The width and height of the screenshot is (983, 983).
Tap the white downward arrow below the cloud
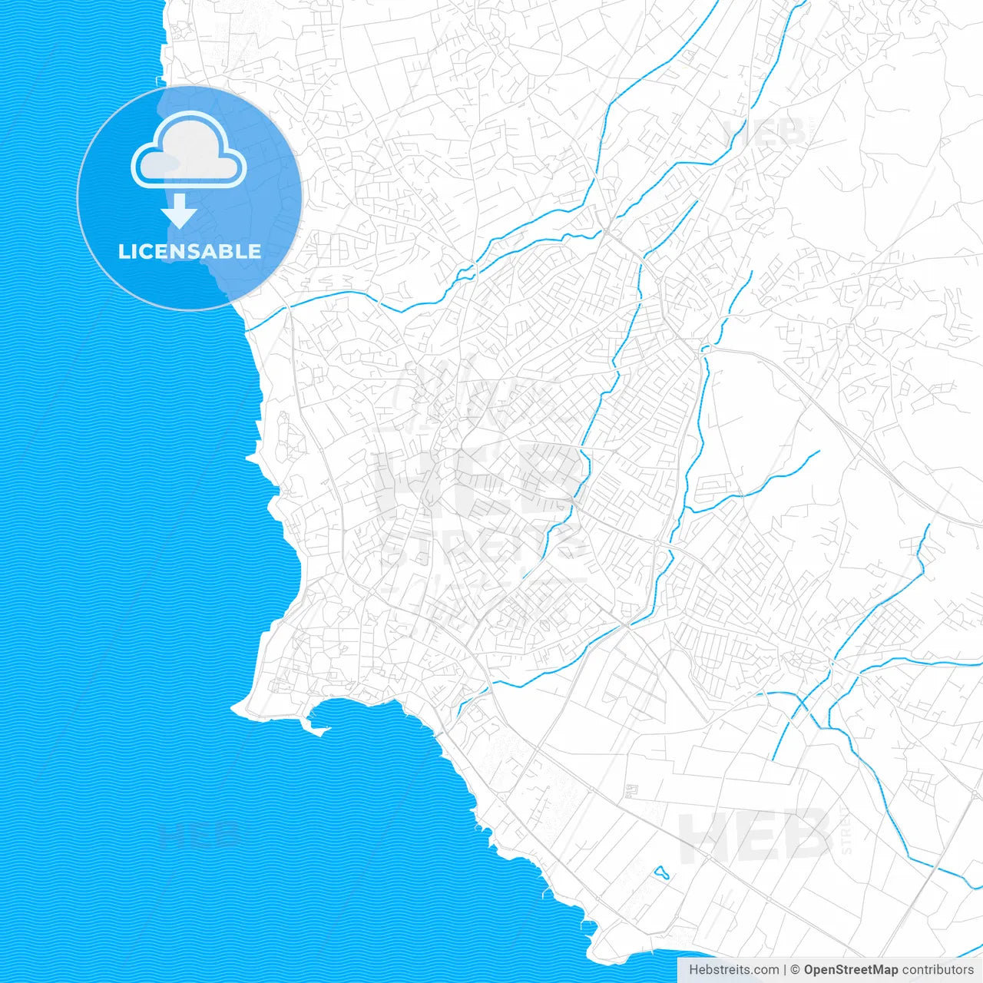180,211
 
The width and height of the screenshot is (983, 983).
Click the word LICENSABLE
189,251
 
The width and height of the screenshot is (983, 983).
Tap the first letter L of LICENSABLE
123,251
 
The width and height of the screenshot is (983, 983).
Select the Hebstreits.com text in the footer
734,970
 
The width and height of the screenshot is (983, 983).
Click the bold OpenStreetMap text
851,970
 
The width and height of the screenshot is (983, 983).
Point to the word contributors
938,970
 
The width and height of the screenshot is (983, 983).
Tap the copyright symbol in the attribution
796,970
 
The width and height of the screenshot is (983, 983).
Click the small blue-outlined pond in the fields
660,872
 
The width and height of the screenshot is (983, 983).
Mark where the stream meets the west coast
247,329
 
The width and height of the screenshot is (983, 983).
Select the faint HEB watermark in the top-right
764,132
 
